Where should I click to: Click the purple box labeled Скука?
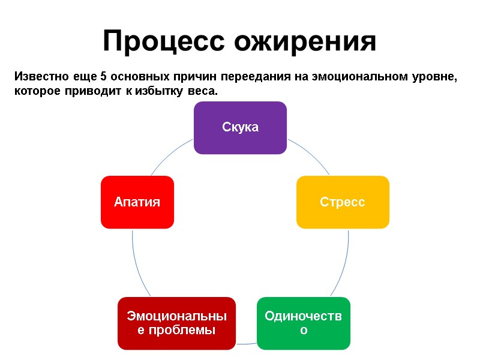point(240,127)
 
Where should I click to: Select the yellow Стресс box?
point(343,202)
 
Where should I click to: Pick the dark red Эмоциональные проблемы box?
point(176,323)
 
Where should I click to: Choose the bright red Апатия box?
point(137,202)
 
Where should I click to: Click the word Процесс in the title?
point(163,41)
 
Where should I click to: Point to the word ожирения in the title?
point(305,41)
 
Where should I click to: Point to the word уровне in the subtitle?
point(431,77)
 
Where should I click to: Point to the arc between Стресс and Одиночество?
point(347,264)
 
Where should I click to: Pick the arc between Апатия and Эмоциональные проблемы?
point(134,264)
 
